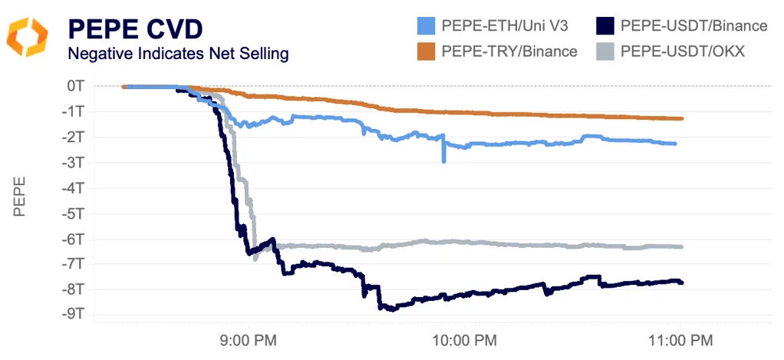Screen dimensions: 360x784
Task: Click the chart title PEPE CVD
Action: [136, 28]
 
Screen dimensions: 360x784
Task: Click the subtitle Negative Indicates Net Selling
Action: [178, 54]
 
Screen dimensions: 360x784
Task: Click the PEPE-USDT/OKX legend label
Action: [683, 51]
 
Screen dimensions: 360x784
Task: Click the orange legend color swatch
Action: [427, 51]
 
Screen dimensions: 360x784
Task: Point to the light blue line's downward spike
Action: [444, 160]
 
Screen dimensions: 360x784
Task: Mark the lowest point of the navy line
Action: [390, 309]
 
